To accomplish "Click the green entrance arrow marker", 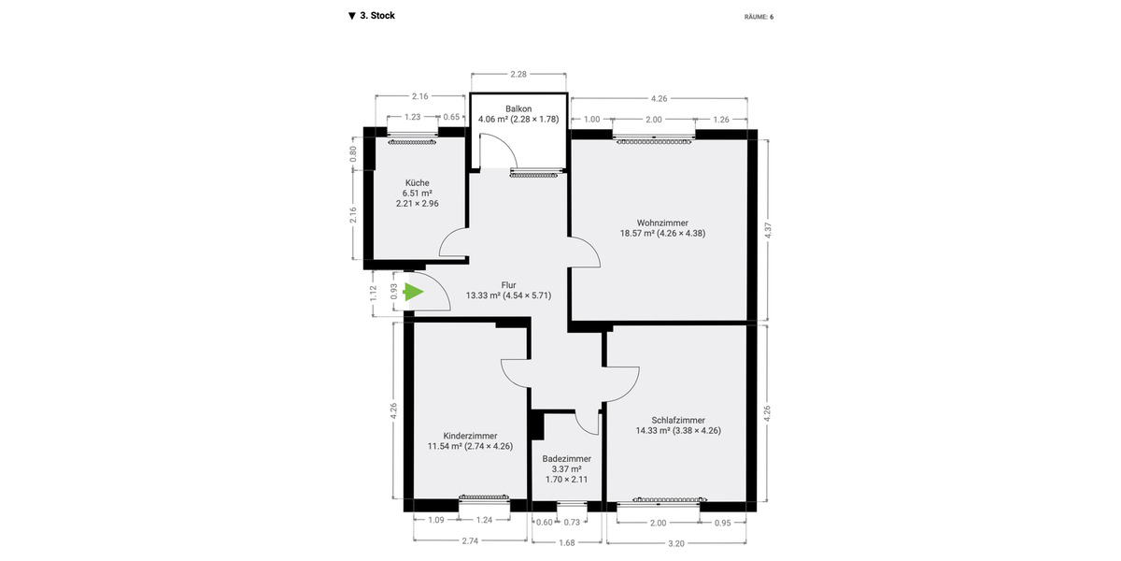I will (414, 293).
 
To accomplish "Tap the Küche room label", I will (417, 183).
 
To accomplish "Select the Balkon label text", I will (518, 108).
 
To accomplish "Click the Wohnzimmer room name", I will (662, 223).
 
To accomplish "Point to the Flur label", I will (508, 285).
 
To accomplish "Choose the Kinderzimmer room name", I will (470, 436).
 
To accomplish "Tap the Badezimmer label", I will (567, 459).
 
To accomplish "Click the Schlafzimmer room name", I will (677, 420).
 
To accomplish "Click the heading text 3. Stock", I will (376, 16).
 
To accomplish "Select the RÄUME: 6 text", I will (759, 17).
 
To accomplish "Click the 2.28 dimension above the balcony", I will (519, 74).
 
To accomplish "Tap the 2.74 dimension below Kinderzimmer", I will (470, 541).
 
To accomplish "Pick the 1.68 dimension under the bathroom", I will (567, 541).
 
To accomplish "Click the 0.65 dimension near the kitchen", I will (451, 117).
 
